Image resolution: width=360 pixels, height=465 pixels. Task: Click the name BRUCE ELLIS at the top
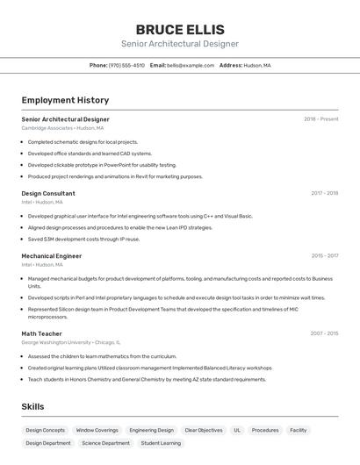click(x=180, y=29)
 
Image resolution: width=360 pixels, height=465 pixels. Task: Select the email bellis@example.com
click(x=191, y=66)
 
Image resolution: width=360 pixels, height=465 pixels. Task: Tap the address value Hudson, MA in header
click(x=257, y=66)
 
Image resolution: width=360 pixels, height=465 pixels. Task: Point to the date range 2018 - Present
click(x=320, y=119)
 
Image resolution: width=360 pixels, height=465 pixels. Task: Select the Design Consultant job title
click(x=48, y=193)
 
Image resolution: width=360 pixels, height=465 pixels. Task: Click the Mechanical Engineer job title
click(x=52, y=256)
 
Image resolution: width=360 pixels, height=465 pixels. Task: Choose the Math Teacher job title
click(x=41, y=333)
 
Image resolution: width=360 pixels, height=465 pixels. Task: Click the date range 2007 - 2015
click(x=323, y=333)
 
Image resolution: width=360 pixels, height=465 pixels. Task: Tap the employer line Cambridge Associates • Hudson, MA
click(x=62, y=128)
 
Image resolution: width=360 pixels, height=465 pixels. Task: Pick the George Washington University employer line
click(x=70, y=342)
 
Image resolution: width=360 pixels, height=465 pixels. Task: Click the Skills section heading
click(x=32, y=407)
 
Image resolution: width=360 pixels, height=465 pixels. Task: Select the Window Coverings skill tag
click(x=97, y=431)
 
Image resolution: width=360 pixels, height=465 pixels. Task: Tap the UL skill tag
click(x=237, y=431)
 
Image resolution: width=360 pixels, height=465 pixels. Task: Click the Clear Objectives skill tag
click(x=204, y=431)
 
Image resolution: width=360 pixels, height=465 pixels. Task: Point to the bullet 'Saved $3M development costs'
click(x=83, y=239)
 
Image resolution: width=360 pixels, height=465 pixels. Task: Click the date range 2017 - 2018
click(x=324, y=193)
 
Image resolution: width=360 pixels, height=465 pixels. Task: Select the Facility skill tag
click(x=299, y=431)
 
